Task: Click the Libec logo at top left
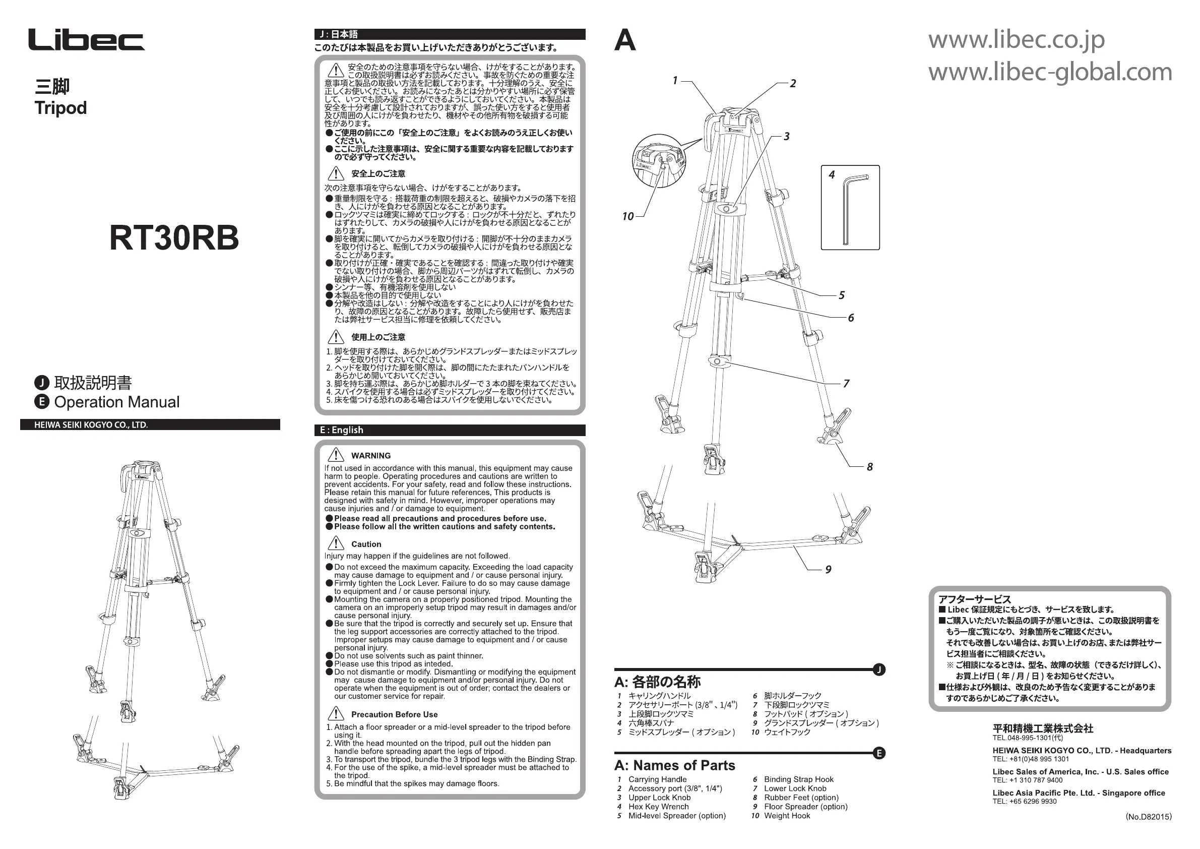point(86,40)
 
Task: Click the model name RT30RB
point(173,238)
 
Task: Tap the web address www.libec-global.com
point(1049,72)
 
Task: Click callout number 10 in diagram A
point(627,216)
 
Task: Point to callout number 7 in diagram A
point(846,384)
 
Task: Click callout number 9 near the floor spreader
point(828,569)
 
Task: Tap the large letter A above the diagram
point(625,40)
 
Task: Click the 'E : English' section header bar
point(450,430)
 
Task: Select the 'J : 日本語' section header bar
point(450,34)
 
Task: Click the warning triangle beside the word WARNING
point(336,455)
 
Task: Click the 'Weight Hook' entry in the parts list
point(787,816)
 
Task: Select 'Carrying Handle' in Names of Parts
point(657,779)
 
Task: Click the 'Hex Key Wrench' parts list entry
point(658,807)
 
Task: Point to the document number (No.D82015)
point(1148,817)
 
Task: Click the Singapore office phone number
point(1025,802)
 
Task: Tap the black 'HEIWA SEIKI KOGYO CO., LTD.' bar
point(150,425)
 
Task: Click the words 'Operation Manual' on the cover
point(116,402)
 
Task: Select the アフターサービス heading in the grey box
point(974,599)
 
